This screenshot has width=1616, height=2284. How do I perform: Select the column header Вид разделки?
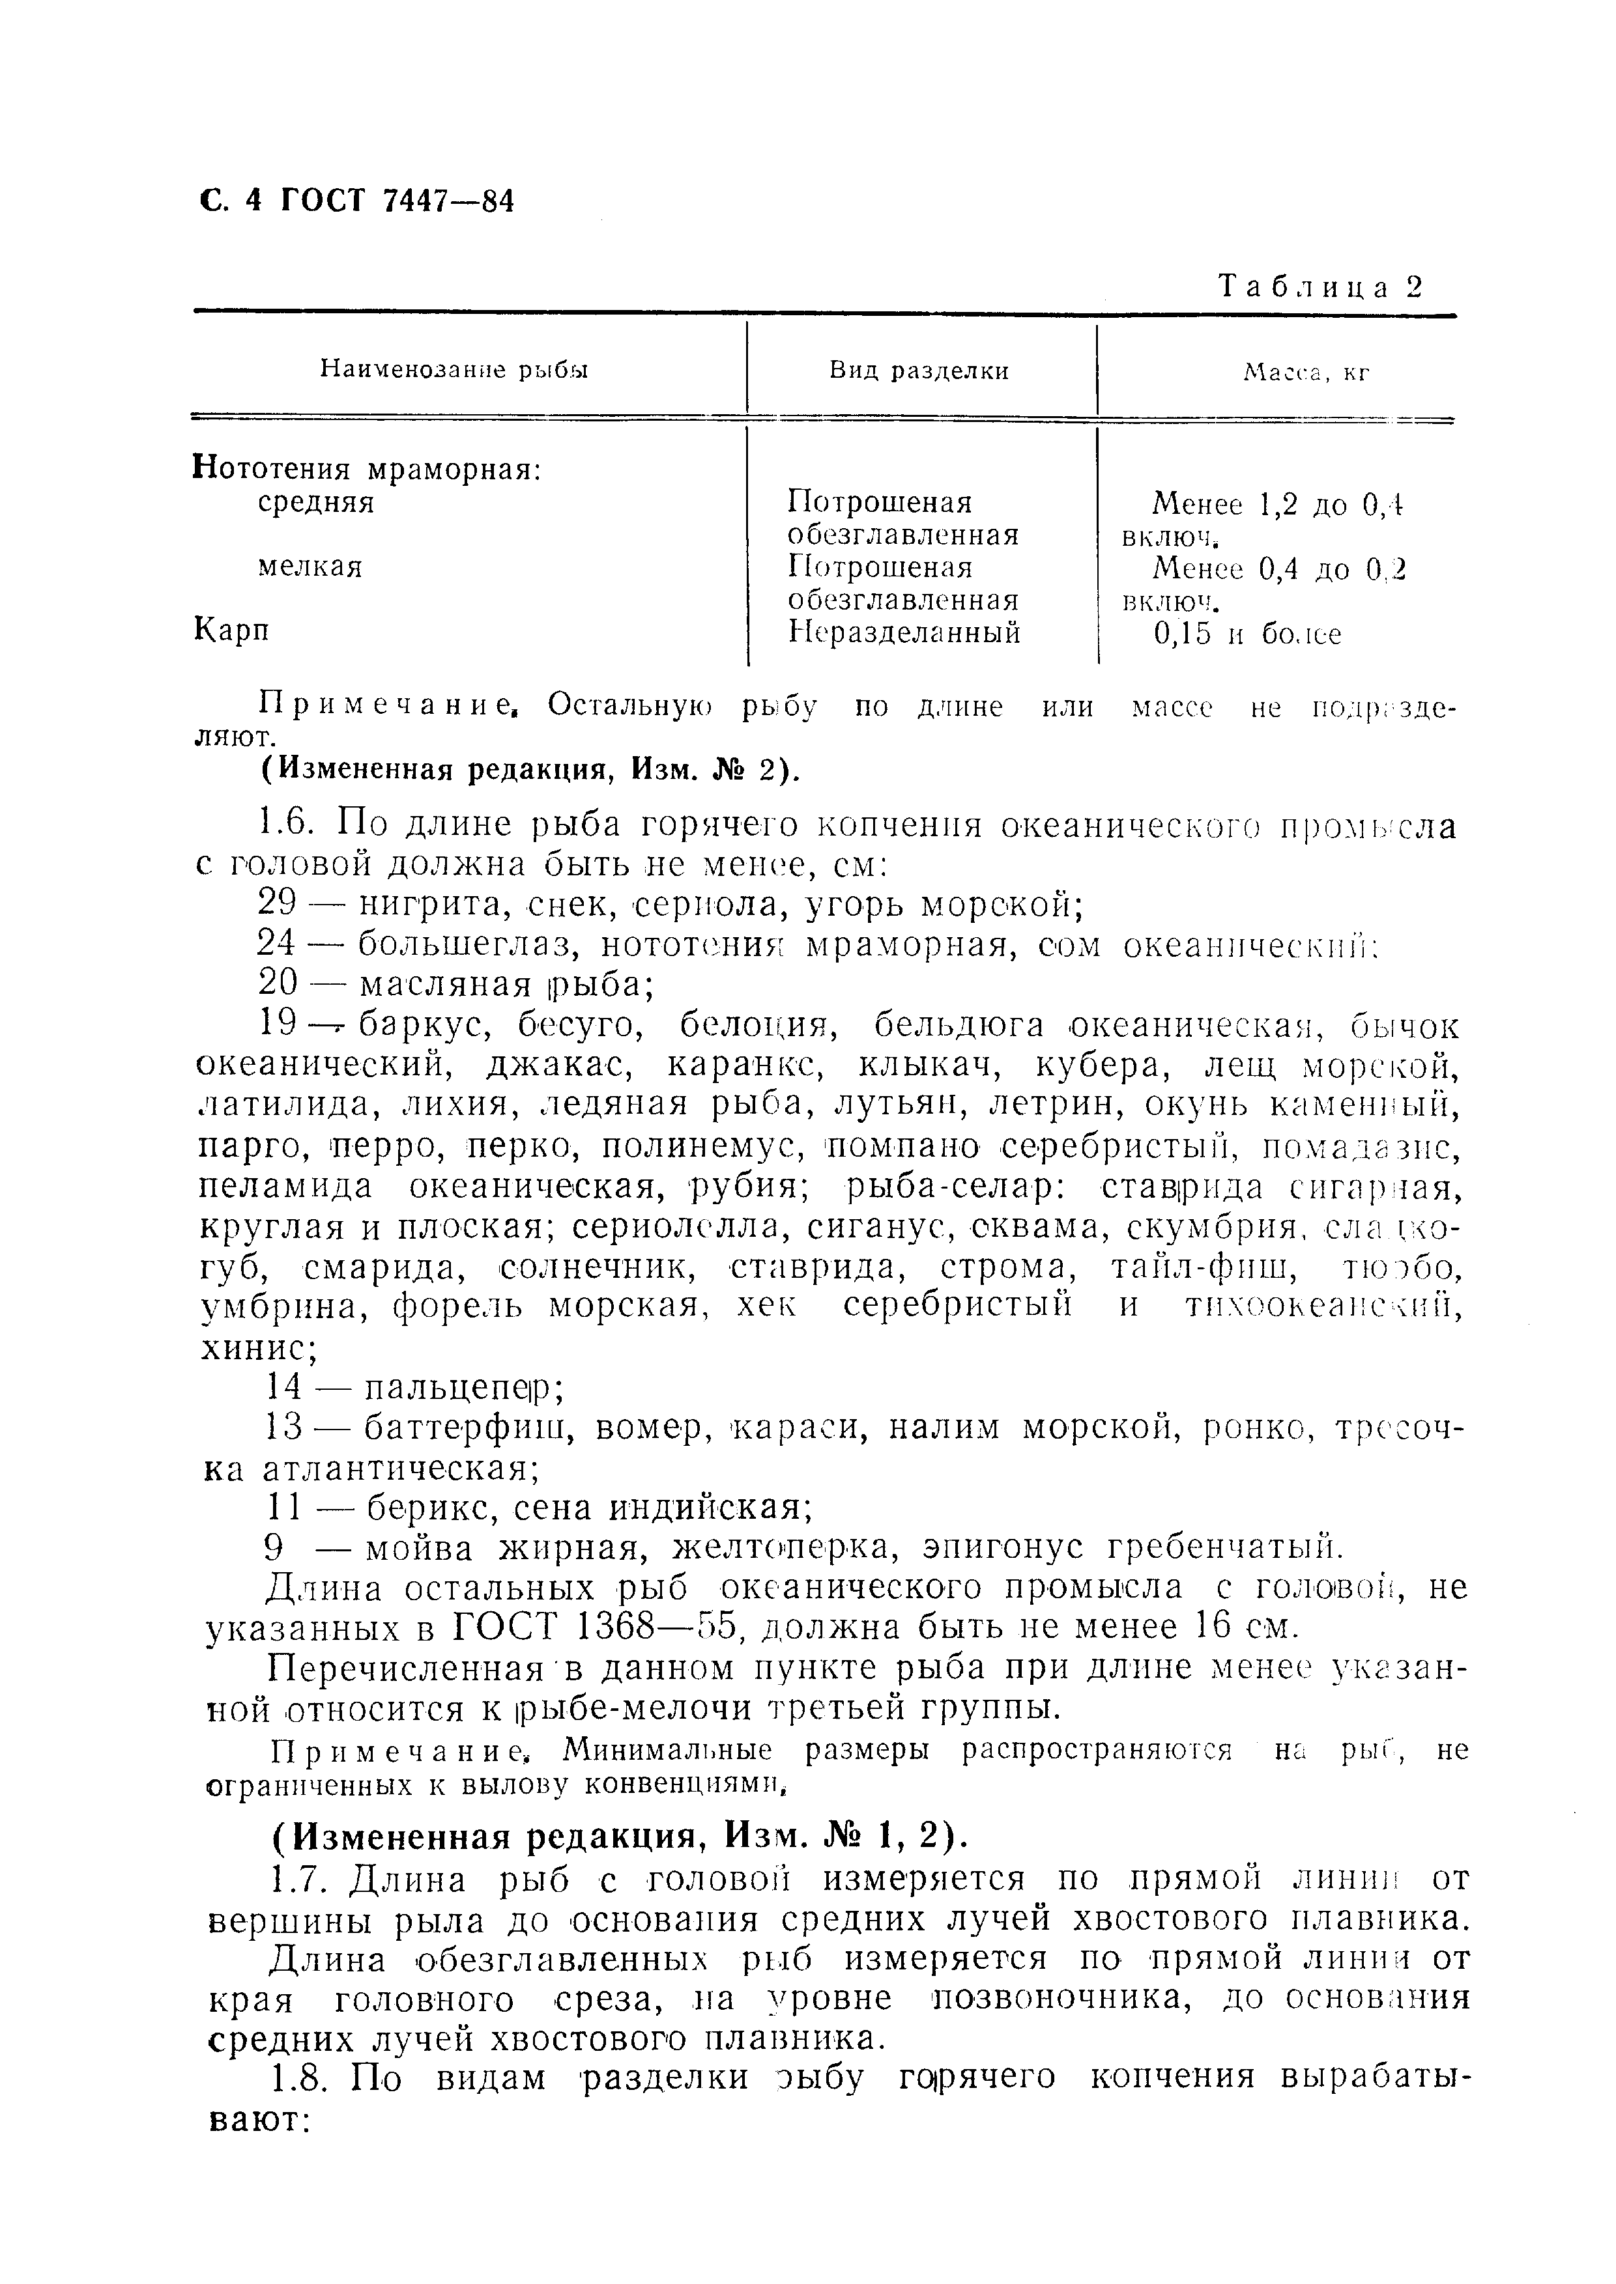point(919,371)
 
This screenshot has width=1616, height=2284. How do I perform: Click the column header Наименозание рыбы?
point(455,370)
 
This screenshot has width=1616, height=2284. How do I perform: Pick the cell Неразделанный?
point(904,632)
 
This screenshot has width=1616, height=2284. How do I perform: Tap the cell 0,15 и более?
point(1247,634)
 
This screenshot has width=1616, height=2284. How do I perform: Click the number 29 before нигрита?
point(278,903)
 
